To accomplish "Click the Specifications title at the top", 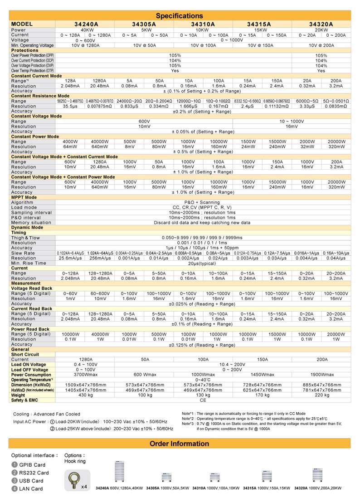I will point(180,15).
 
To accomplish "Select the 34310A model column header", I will point(203,24).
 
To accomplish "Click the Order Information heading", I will point(180,444).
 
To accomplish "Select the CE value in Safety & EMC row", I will point(203,400).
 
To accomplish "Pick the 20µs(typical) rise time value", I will point(202,263).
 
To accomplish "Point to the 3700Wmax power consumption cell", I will point(86,375).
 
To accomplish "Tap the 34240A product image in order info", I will point(120,474).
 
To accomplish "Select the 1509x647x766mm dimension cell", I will point(86,385).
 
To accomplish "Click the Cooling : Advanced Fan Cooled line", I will point(47,414).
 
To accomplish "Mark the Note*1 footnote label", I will point(189,414).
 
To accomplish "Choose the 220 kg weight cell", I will point(321,395).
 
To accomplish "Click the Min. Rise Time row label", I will point(29,263).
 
